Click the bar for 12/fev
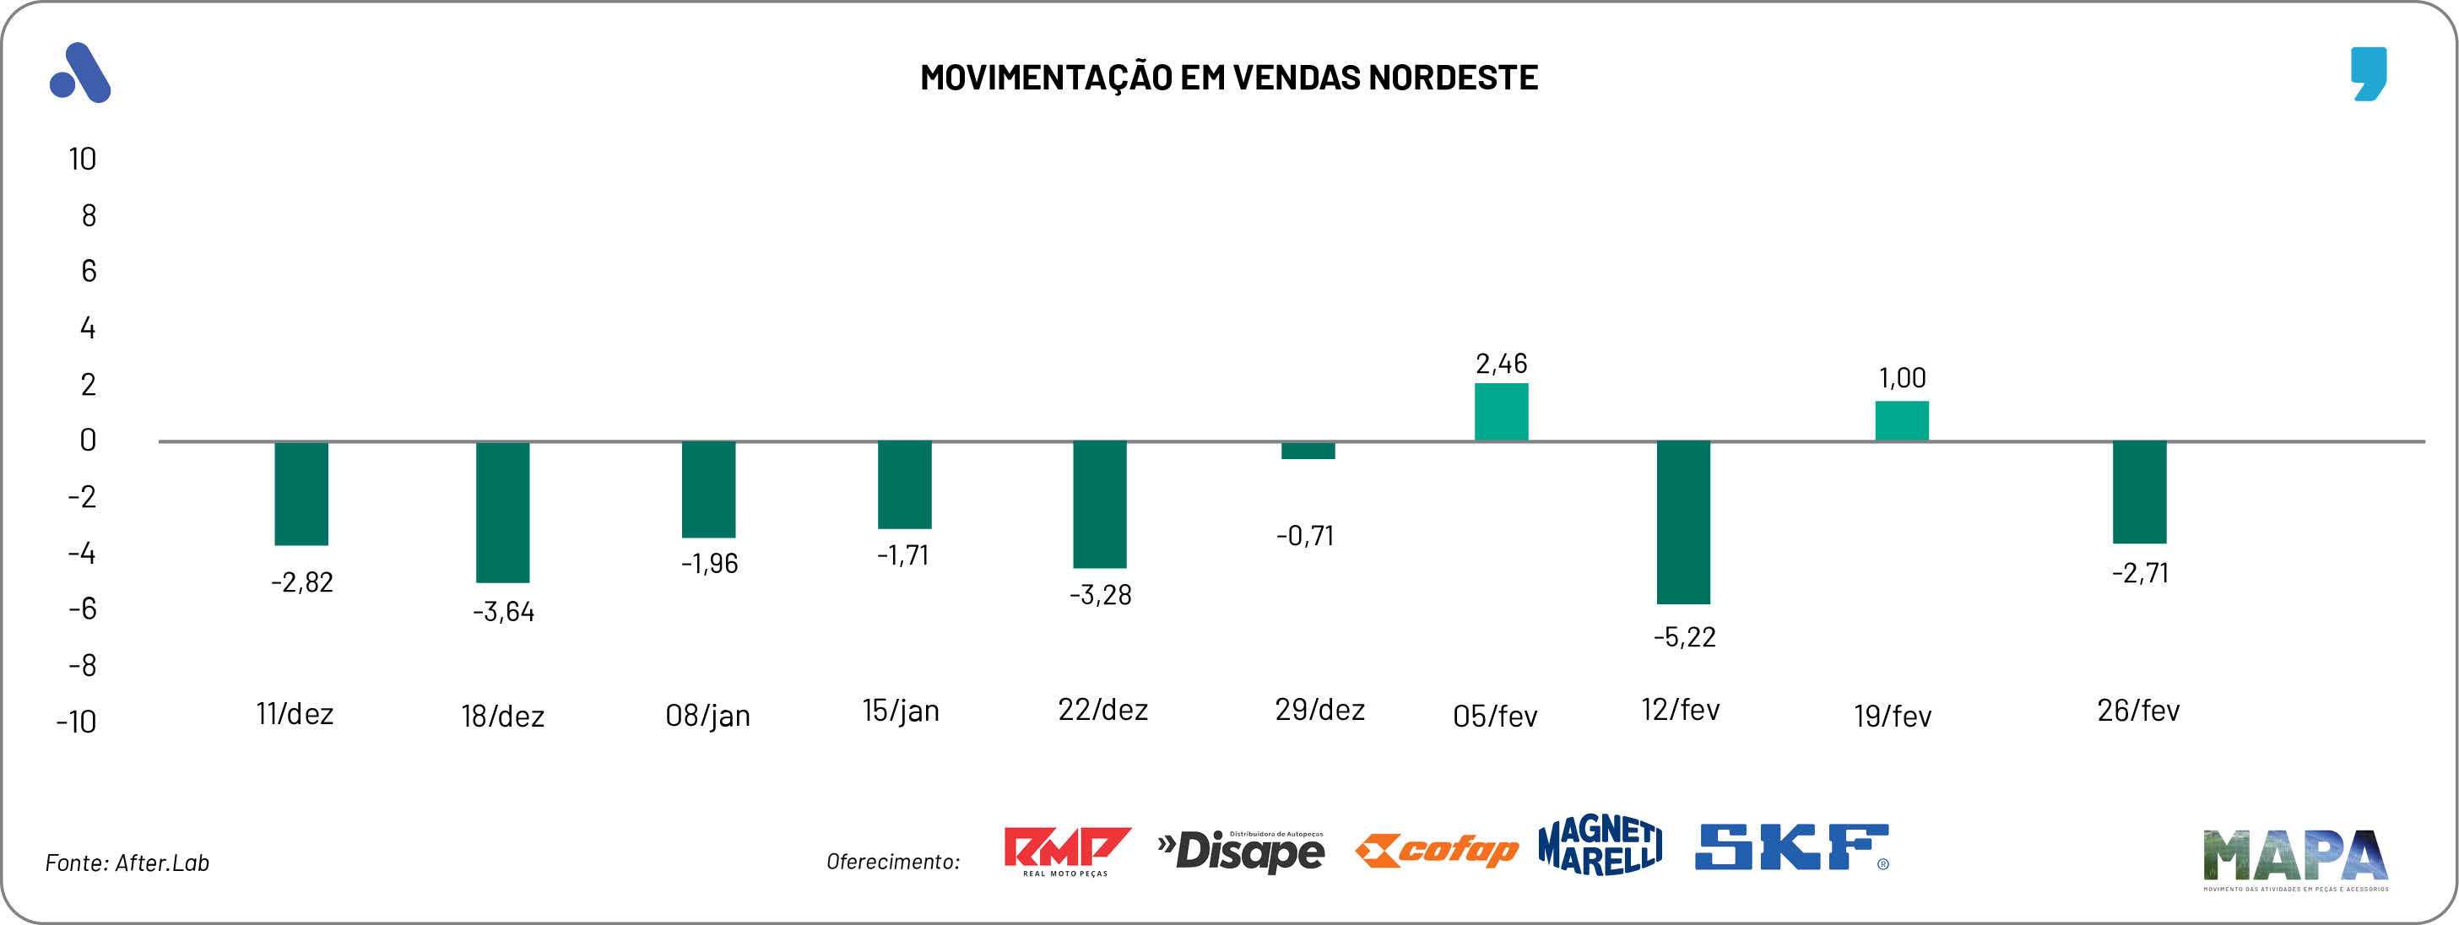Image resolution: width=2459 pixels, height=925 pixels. [1683, 522]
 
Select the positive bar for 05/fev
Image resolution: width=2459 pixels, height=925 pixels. [1501, 413]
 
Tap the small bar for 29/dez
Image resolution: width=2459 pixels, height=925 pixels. [1308, 451]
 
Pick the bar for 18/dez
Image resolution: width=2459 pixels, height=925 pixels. [503, 511]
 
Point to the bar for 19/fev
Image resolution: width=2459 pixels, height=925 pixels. [1902, 421]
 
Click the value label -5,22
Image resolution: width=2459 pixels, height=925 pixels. [1684, 636]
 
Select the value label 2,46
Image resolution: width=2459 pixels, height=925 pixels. [1501, 364]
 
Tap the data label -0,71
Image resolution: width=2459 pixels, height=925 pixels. [1305, 536]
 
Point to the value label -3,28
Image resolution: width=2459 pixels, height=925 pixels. [1100, 595]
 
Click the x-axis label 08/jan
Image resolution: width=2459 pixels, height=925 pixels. [707, 715]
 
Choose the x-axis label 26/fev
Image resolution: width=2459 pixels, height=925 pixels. [2137, 711]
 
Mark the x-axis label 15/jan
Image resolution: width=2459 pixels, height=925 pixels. [900, 711]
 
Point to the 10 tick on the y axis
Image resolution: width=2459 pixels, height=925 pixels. [82, 159]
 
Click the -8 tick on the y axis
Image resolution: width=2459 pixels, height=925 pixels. [82, 665]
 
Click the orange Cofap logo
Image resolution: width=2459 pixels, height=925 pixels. [1436, 850]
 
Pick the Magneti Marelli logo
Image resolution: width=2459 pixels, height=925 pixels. [1600, 845]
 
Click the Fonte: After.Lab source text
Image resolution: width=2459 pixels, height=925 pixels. [127, 863]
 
